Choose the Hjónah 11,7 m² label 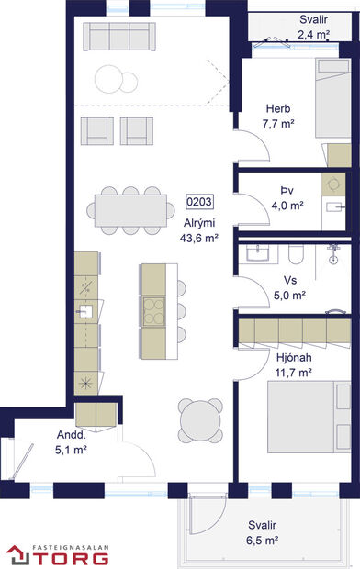pos(294,364)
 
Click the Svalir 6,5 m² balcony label pos(262,533)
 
